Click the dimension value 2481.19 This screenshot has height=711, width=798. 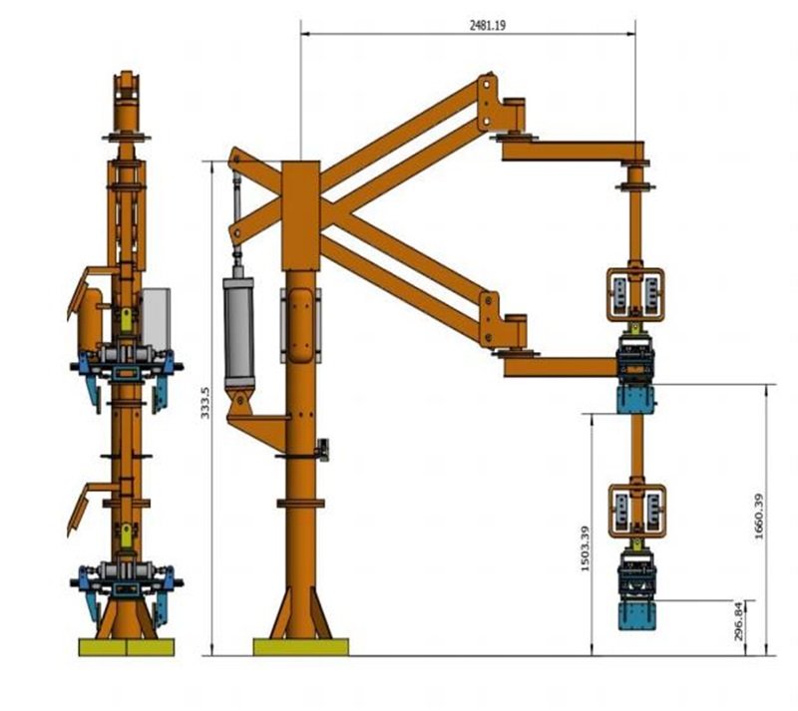[488, 26]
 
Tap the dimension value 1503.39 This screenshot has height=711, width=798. [585, 548]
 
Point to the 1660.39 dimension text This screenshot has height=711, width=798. [759, 517]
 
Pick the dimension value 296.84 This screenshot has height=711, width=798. [739, 621]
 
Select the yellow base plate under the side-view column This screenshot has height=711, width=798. [301, 647]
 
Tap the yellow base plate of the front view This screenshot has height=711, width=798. [127, 647]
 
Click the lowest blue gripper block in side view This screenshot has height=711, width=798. [636, 616]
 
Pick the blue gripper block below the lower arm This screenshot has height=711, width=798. [635, 400]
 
